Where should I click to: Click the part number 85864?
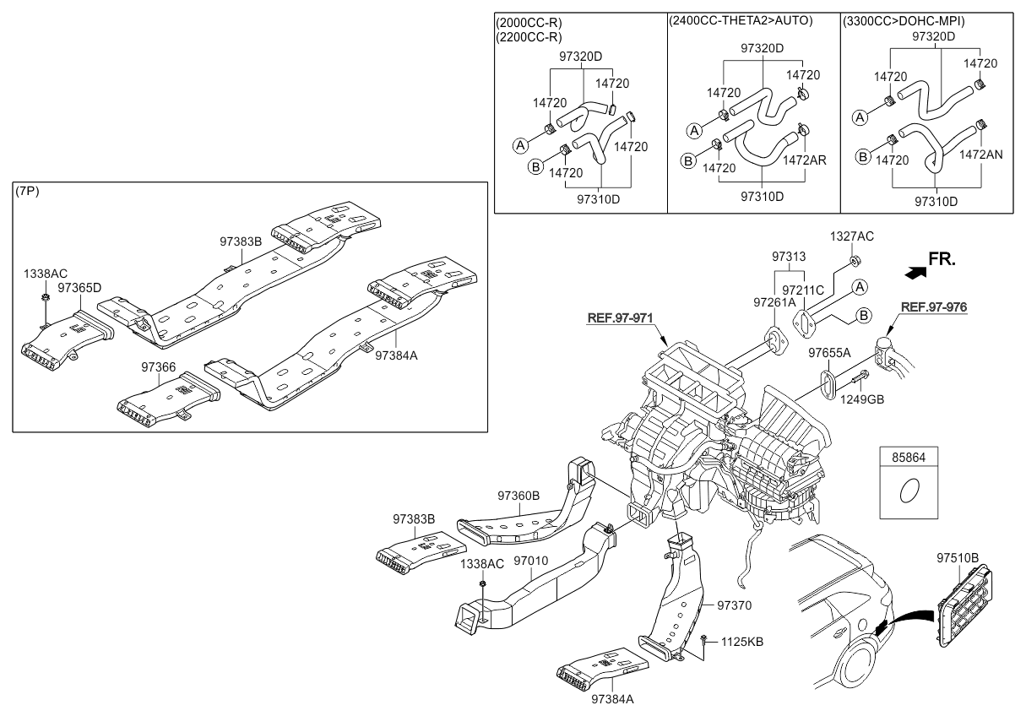(x=909, y=457)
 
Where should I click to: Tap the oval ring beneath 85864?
(x=909, y=491)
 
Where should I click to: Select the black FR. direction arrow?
(x=914, y=272)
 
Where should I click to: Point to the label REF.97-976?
(x=933, y=307)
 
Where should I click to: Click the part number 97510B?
(x=957, y=558)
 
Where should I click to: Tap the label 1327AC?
(x=852, y=236)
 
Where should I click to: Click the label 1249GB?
(x=862, y=399)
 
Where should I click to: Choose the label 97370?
(x=734, y=605)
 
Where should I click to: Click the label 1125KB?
(x=741, y=642)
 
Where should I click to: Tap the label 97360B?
(x=518, y=496)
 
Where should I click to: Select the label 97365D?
(x=80, y=288)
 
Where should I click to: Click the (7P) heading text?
(x=27, y=192)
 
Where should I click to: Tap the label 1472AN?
(x=981, y=155)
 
